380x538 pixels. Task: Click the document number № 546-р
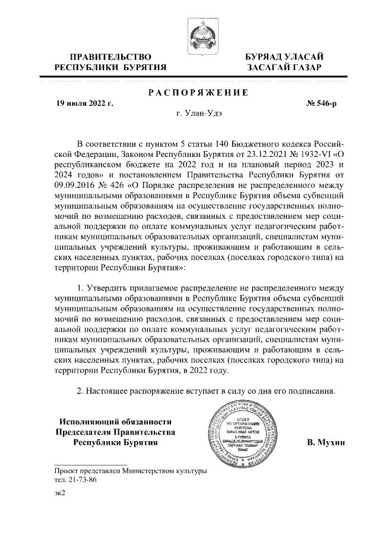tap(321, 103)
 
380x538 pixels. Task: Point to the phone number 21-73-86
tap(81, 479)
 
